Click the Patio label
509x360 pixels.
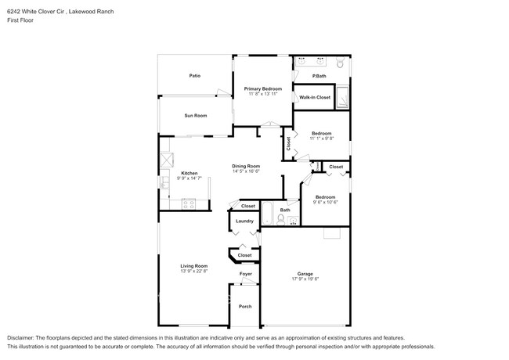194,76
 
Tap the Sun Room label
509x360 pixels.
195,116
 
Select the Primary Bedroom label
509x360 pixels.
262,89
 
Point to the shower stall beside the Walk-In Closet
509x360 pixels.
350,96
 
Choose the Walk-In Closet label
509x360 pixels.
315,97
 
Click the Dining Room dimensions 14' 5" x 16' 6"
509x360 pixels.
246,171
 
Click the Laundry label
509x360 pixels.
244,221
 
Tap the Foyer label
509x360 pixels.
245,274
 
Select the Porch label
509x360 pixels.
245,306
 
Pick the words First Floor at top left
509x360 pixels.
20,20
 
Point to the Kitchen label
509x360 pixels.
190,173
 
